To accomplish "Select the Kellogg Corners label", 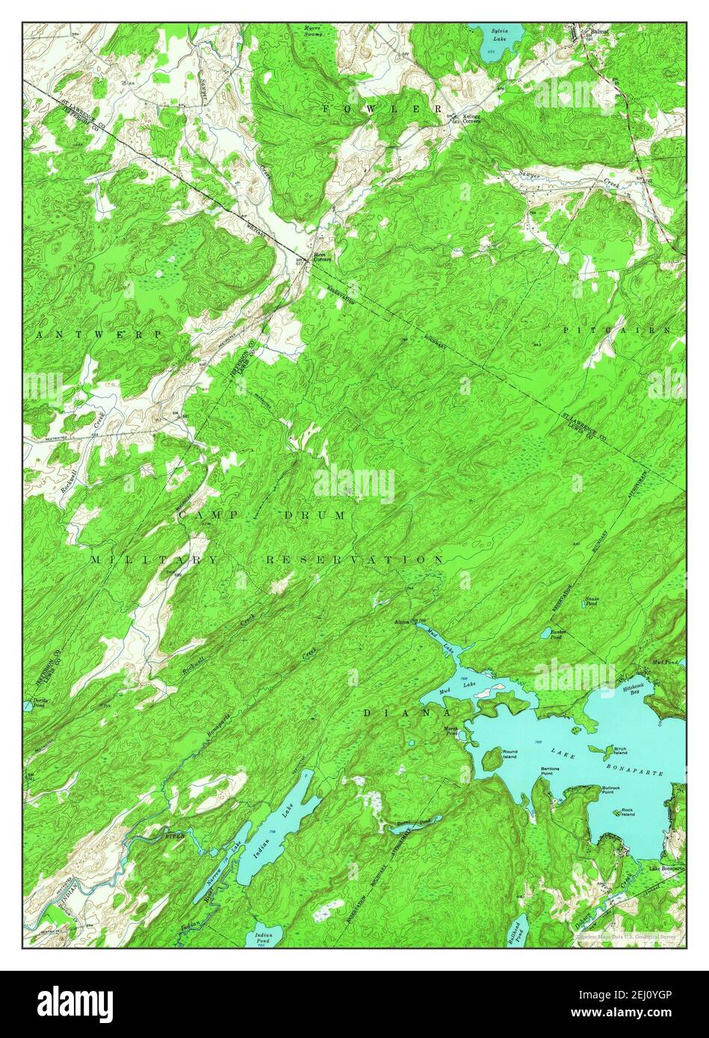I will (x=471, y=118).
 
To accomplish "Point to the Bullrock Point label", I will (x=613, y=789).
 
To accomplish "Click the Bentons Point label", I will (x=551, y=771).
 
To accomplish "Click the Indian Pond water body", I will (x=263, y=938).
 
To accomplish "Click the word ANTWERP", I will (x=97, y=335).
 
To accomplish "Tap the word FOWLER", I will (x=383, y=109).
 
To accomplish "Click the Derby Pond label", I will (x=38, y=703).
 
